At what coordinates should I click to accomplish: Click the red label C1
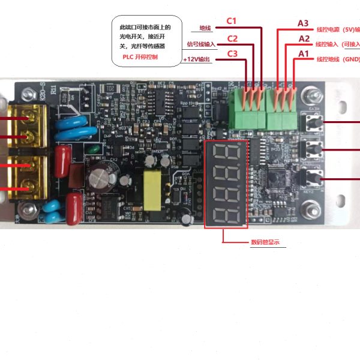[x=232, y=21]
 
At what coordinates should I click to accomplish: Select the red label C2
[x=232, y=40]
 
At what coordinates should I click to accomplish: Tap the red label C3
[x=232, y=55]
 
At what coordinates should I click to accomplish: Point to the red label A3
[x=304, y=24]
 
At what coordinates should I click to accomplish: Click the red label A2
[x=304, y=39]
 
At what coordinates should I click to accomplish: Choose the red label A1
[x=304, y=54]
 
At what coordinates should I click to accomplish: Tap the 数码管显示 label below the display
[x=265, y=242]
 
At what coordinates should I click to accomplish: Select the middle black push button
[x=313, y=150]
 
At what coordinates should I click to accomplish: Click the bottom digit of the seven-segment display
[x=225, y=215]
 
